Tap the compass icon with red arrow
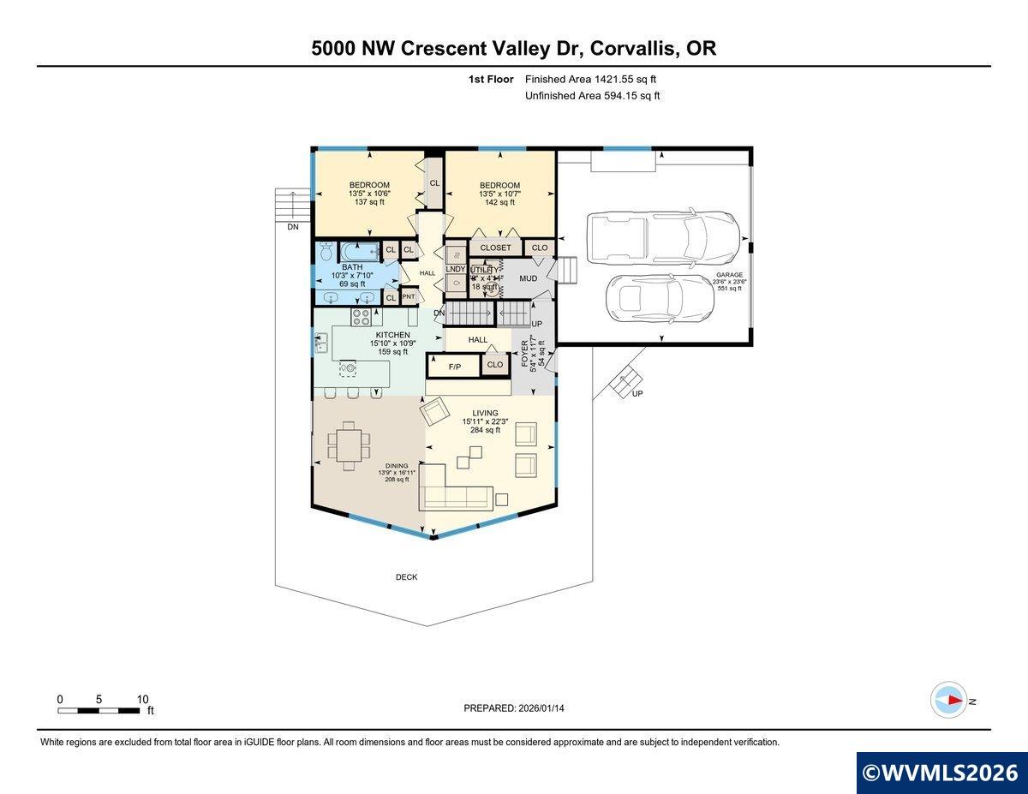point(949,700)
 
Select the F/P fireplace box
point(455,367)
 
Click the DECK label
point(406,577)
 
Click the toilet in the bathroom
point(326,252)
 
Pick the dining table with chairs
point(350,444)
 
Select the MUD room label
point(529,278)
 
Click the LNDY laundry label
point(455,269)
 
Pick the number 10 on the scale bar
point(142,699)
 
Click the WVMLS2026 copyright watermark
point(941,773)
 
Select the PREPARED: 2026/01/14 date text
point(514,708)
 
